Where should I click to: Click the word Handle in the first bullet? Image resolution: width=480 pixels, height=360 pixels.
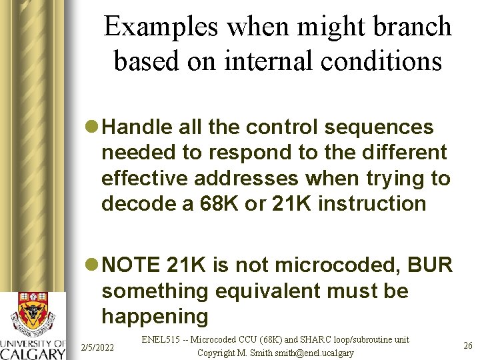pyautogui.click(x=139, y=127)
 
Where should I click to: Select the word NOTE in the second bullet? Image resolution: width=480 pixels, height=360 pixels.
pyautogui.click(x=131, y=265)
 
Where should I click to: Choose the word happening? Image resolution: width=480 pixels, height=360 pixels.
pyautogui.click(x=155, y=316)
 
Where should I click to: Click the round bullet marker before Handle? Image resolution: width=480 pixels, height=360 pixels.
pyautogui.click(x=94, y=127)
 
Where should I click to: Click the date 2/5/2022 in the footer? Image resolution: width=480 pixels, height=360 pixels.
pyautogui.click(x=97, y=347)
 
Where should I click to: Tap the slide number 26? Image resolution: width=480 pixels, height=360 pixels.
pyautogui.click(x=468, y=345)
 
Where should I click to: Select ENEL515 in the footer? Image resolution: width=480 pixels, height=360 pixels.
pyautogui.click(x=165, y=340)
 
